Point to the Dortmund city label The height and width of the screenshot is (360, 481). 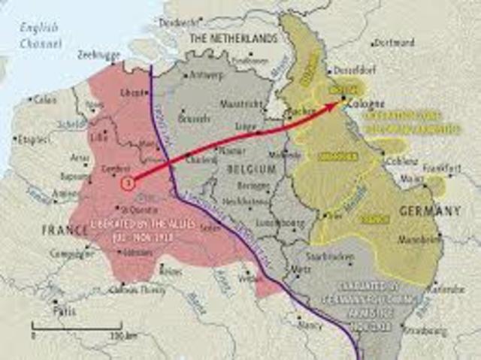[x=392, y=42]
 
